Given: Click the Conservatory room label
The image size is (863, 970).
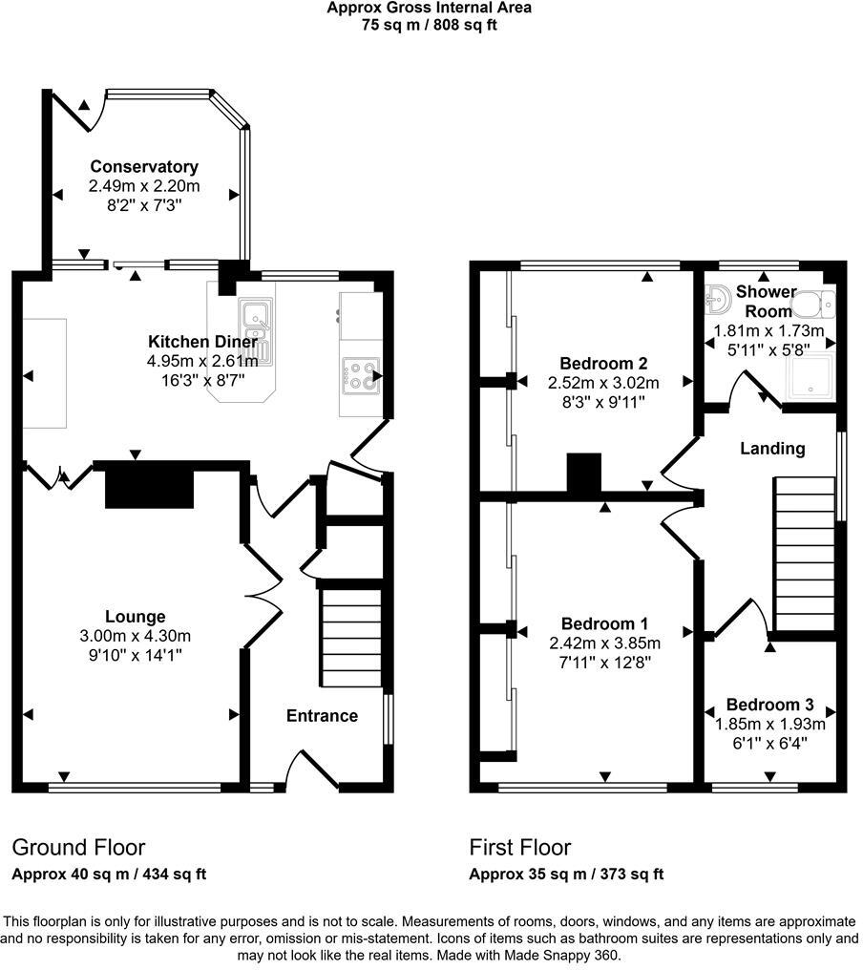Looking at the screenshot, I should pos(143,167).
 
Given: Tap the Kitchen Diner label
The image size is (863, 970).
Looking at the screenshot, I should pos(201,342).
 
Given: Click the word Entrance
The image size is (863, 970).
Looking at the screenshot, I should pos(322,716).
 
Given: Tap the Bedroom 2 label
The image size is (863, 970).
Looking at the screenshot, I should pos(603,363).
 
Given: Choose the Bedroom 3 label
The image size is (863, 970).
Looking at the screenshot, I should pos(769,706).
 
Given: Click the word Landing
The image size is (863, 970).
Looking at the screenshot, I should pos(772,448).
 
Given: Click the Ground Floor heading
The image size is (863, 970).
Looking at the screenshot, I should pos(78,848).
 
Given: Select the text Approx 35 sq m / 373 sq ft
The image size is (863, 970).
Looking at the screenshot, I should pos(566,874).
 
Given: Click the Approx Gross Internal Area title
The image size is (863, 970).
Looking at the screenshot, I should pos(429,8).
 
